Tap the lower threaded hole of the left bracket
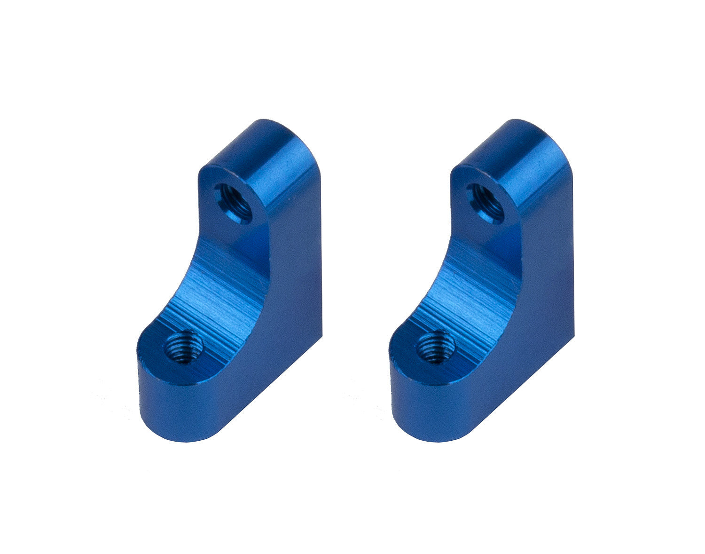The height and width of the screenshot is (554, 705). (x=183, y=346)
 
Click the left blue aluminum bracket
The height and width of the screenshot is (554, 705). (x=235, y=282)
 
